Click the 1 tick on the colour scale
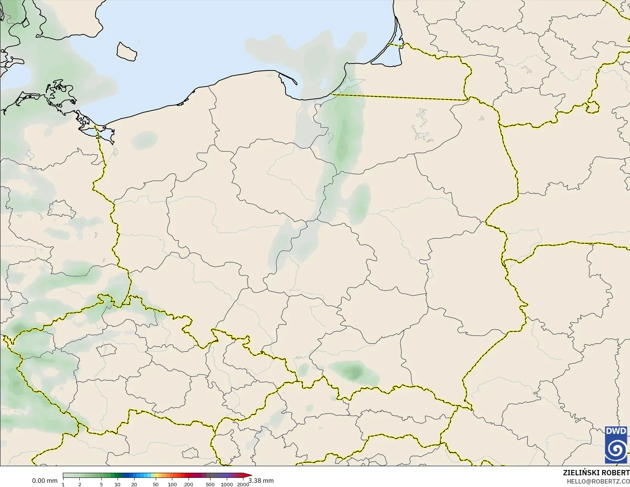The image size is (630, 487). tap(63, 484)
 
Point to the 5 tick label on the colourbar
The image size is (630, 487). tap(101, 484)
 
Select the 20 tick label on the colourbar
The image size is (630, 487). tap(134, 484)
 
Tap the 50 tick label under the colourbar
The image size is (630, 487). tap(156, 484)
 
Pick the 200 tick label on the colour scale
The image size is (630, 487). tap(189, 484)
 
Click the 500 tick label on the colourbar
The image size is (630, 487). tap(210, 484)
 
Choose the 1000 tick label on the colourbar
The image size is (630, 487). tap(227, 484)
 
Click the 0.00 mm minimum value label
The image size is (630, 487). tap(45, 481)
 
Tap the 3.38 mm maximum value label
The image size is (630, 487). tap(261, 481)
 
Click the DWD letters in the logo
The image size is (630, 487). tap(616, 431)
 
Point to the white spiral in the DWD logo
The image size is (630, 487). tap(616, 450)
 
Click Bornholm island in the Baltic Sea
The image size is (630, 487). tap(127, 51)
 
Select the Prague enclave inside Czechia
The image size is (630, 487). tap(106, 350)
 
